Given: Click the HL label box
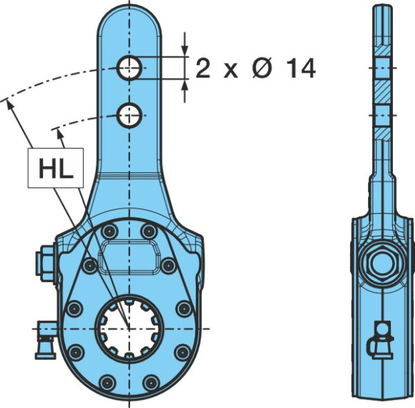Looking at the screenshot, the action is [55, 168].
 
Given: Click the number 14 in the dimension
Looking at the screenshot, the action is [301, 68].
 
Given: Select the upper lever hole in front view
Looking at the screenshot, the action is [129, 68].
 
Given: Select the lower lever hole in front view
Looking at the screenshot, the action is [129, 115].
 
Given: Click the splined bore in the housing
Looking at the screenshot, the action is [129, 328].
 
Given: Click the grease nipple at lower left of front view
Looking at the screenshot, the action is [46, 340].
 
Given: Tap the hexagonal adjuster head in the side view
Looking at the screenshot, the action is [382, 263].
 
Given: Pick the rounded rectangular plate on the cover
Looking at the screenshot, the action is [129, 257].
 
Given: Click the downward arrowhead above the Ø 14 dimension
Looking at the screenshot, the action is [185, 50].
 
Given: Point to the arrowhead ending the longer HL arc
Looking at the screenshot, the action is [10, 104].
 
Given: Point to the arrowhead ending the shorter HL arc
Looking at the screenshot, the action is [60, 134].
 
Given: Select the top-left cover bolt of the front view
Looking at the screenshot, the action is [109, 232].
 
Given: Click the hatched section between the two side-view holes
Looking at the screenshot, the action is [382, 92].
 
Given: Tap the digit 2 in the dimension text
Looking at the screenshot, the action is [203, 68].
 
